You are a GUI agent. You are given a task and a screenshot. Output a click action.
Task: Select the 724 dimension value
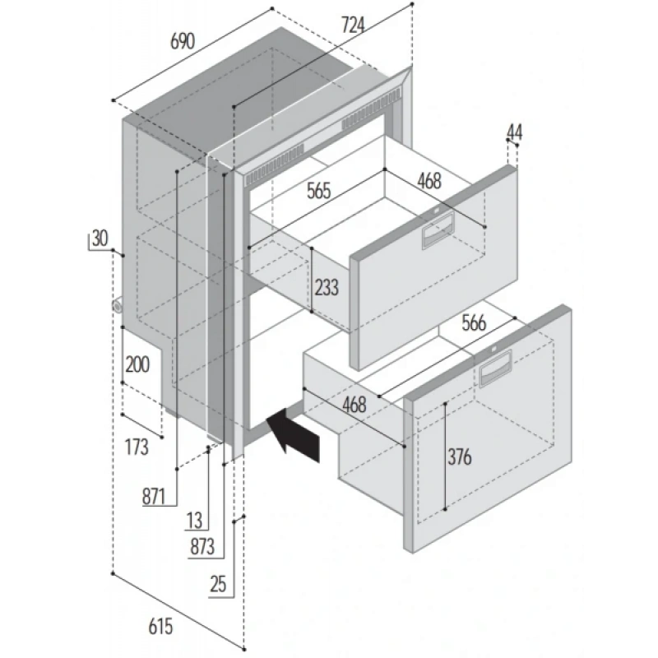click(x=352, y=26)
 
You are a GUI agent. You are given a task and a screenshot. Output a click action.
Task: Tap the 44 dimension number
click(x=515, y=132)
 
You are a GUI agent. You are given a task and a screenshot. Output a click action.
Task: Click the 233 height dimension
click(x=327, y=287)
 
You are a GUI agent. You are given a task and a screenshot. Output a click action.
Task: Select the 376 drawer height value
click(x=460, y=458)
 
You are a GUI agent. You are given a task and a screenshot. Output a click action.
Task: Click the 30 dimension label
click(x=99, y=239)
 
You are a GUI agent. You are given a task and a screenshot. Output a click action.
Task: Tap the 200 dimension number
click(x=137, y=365)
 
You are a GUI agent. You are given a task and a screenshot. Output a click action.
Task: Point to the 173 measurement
click(x=137, y=447)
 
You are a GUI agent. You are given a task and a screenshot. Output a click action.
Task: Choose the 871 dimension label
click(x=154, y=496)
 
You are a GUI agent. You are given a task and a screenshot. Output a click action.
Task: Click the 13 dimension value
click(x=194, y=520)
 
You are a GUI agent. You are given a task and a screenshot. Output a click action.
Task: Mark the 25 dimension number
click(x=218, y=586)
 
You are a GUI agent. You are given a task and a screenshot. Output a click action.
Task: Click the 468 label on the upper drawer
click(x=429, y=181)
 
